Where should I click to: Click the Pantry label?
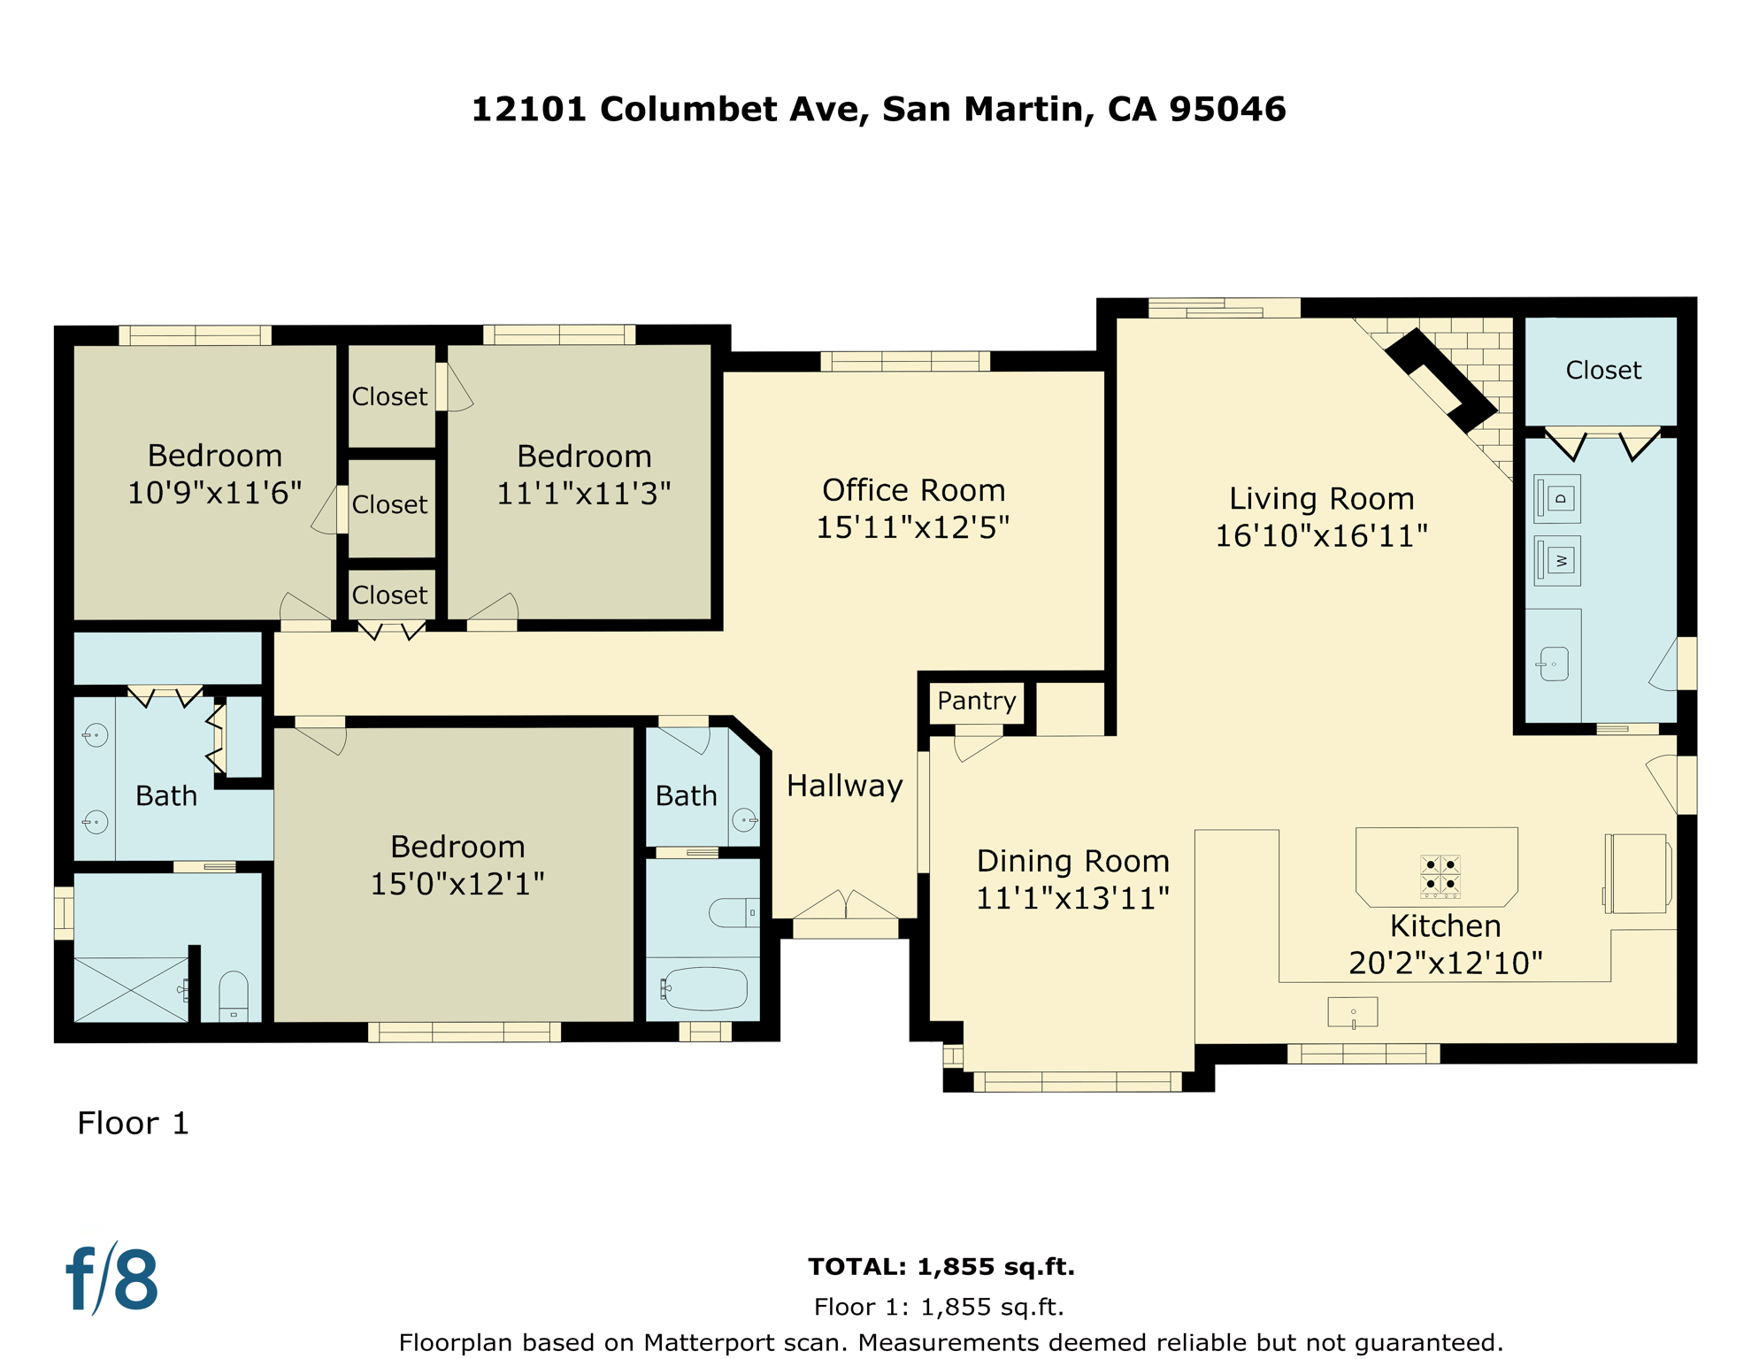click(x=976, y=701)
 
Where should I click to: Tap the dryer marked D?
click(x=1557, y=498)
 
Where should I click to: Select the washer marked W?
click(x=1557, y=560)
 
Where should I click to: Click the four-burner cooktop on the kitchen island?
click(x=1440, y=875)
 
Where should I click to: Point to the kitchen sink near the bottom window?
click(x=1352, y=1011)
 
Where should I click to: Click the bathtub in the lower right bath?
click(x=705, y=988)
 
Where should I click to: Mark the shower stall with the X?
click(x=130, y=989)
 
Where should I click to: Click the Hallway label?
click(x=844, y=786)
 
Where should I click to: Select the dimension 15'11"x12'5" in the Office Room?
click(x=912, y=527)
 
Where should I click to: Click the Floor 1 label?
click(x=133, y=1123)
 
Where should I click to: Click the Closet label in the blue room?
click(x=1602, y=370)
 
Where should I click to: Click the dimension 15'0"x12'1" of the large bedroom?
click(x=457, y=884)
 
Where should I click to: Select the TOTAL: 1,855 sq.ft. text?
click(x=941, y=1266)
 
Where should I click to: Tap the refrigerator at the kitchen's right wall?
click(x=1638, y=873)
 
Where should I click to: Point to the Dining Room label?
click(x=1072, y=861)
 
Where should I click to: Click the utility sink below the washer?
click(x=1554, y=664)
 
